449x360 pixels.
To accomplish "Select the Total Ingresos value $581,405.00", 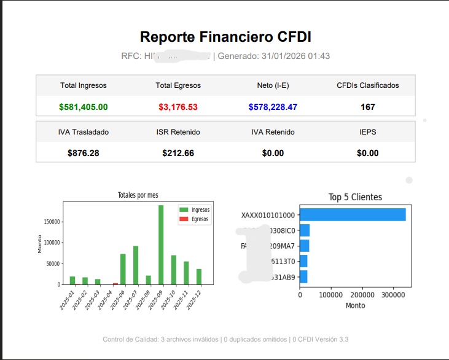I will tap(84, 107).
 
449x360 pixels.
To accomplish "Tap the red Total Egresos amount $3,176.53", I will tap(178, 107).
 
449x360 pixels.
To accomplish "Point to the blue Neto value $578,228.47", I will tap(273, 107).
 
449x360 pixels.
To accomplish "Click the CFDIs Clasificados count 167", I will tap(368, 107).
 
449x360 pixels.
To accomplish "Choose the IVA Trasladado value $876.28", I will tap(84, 153).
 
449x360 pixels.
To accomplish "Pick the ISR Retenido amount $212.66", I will tap(178, 153).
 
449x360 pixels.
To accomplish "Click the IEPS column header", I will tap(368, 132).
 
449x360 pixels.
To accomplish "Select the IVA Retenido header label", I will tap(273, 132).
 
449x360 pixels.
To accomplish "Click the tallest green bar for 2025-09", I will tap(161, 246).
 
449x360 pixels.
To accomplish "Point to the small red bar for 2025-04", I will tap(115, 284).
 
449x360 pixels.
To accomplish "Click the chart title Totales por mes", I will tap(138, 195).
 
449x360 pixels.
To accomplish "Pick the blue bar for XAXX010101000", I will tap(353, 215).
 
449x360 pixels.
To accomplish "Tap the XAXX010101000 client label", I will tap(268, 216).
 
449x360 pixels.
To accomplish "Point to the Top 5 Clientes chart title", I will tap(355, 197).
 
